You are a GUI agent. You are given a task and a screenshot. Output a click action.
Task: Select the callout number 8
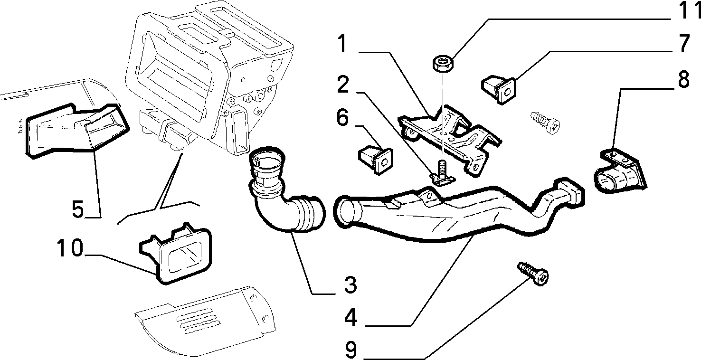(683, 79)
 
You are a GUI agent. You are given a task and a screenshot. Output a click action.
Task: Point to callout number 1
(343, 44)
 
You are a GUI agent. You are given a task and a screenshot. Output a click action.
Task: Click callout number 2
(343, 84)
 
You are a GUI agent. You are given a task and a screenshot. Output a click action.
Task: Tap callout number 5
(78, 209)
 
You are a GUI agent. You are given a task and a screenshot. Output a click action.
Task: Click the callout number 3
(350, 284)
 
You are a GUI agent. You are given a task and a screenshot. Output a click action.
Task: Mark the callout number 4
(351, 317)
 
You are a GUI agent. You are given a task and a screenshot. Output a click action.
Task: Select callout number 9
(351, 350)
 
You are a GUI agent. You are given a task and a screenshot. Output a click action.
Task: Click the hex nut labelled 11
(442, 63)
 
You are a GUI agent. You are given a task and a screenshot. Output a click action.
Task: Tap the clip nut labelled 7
(499, 89)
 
